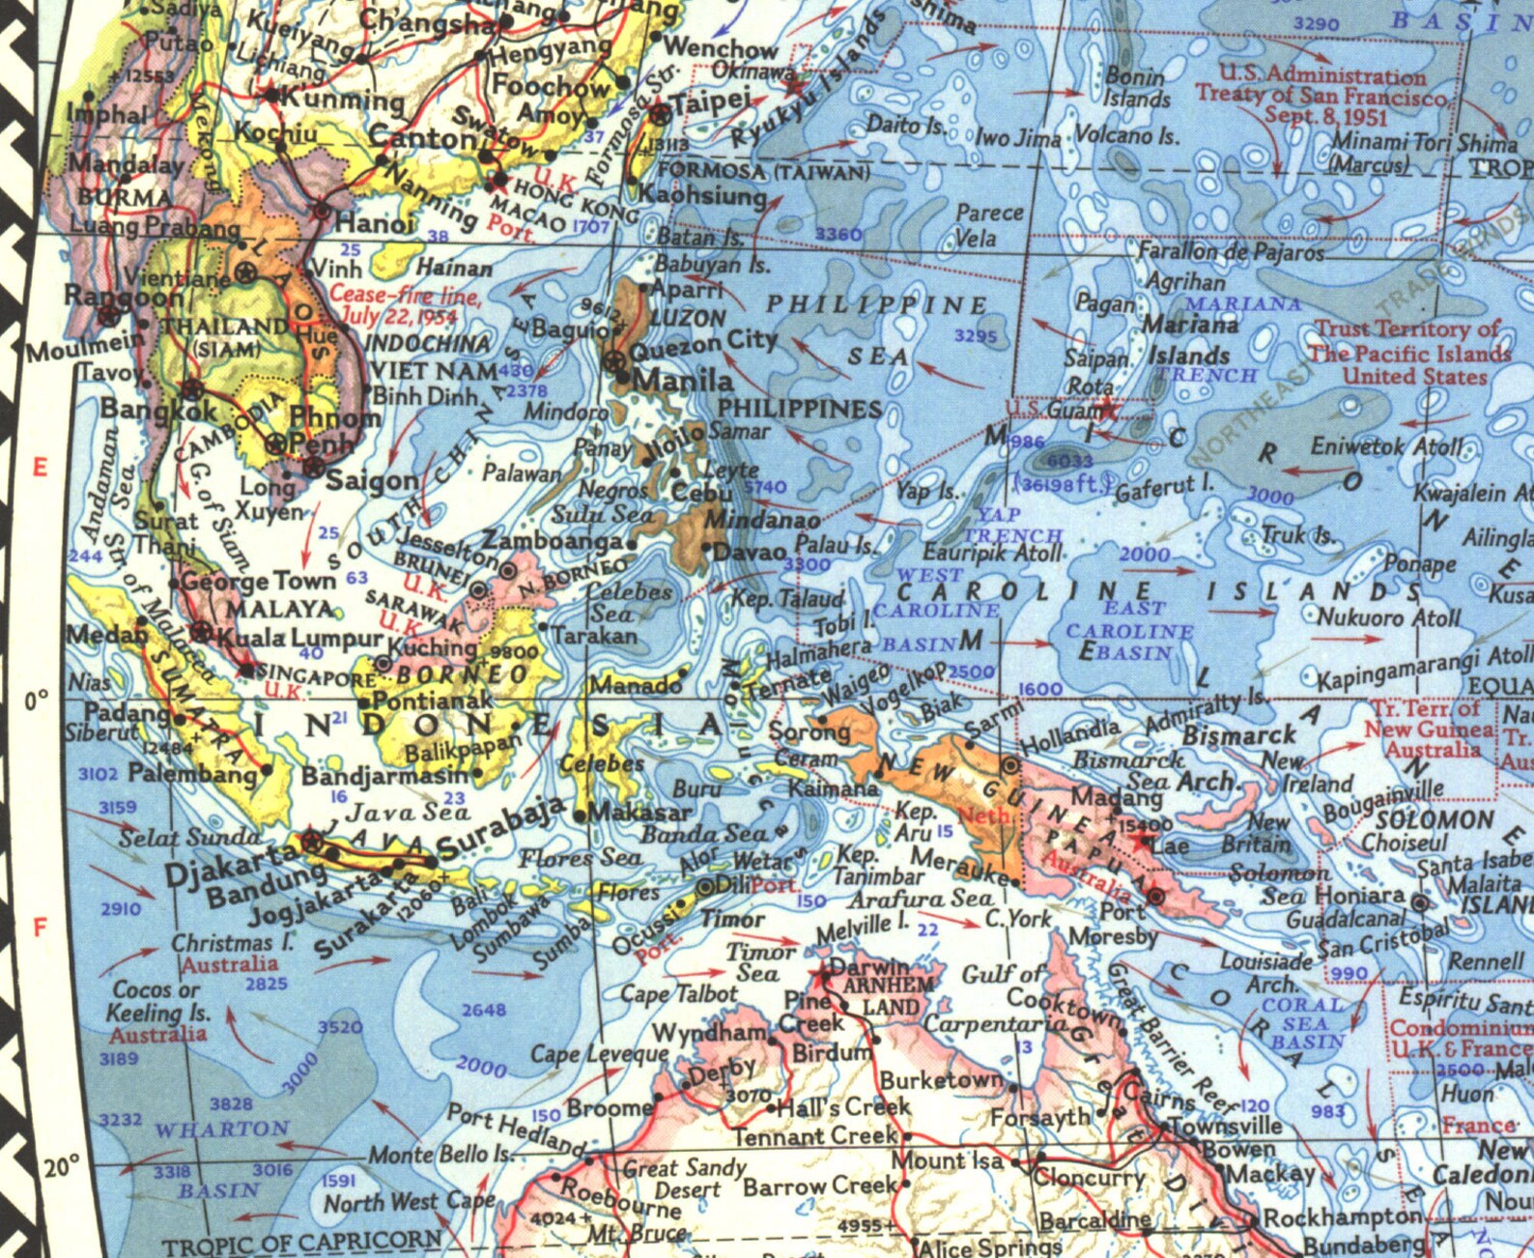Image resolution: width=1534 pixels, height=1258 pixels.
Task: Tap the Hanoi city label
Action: (x=375, y=224)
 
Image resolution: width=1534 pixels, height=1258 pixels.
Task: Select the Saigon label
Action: (x=373, y=480)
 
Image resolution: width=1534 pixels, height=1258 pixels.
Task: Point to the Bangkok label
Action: (x=160, y=410)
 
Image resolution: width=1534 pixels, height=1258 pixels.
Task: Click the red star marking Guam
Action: (x=1107, y=410)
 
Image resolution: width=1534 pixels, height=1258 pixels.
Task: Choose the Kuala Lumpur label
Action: (x=300, y=638)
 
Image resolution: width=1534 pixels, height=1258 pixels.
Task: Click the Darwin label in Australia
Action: (x=870, y=966)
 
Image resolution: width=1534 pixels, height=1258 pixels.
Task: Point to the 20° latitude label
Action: (x=62, y=1166)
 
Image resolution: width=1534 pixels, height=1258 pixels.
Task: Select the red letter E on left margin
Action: (x=39, y=469)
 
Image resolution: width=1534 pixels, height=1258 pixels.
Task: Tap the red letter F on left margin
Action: (x=40, y=929)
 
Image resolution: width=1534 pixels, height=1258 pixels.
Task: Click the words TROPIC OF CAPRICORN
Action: (x=302, y=1243)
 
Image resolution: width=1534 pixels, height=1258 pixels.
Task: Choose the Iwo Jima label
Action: (x=1018, y=138)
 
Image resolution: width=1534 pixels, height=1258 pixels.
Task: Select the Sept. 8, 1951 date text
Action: (x=1325, y=116)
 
